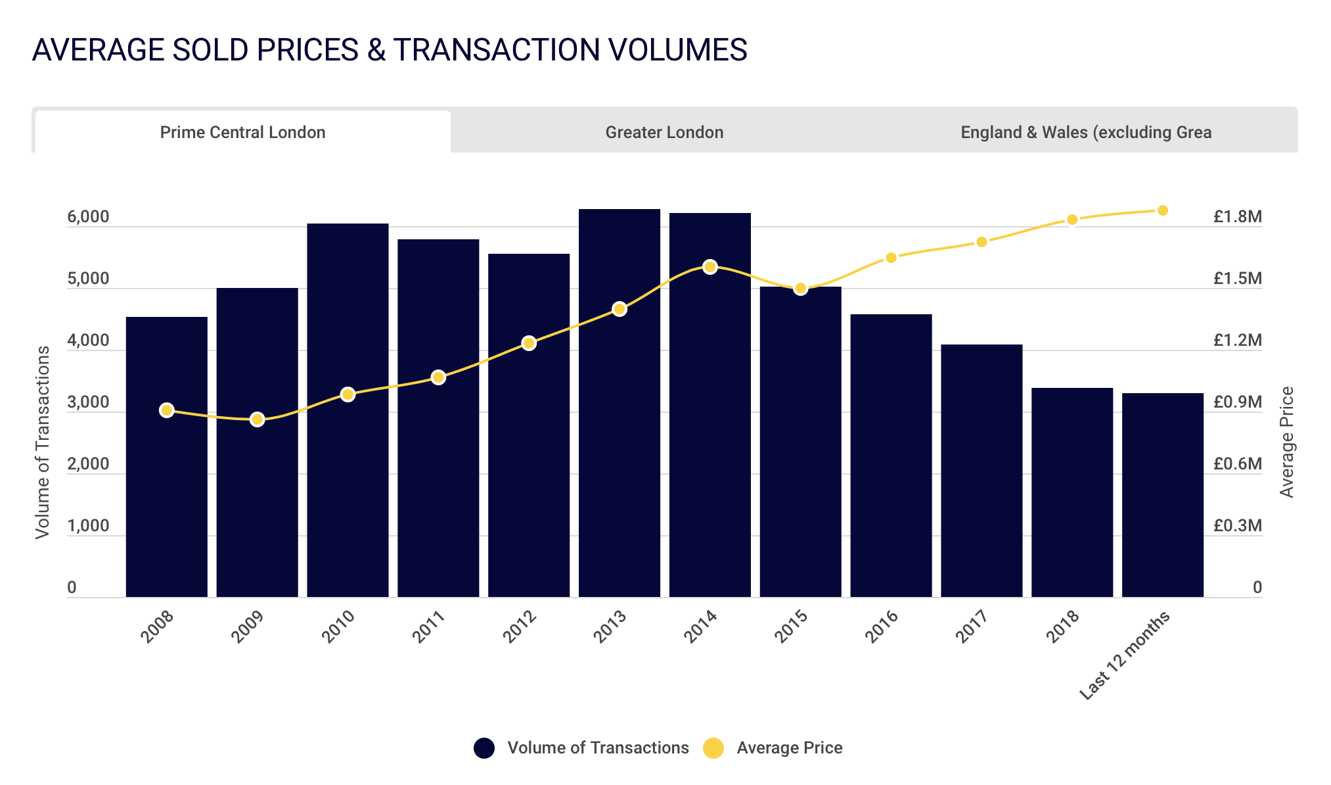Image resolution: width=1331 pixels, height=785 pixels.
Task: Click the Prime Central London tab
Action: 242,132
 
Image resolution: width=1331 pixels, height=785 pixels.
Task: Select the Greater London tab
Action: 664,132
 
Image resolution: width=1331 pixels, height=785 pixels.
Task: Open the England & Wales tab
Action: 1085,132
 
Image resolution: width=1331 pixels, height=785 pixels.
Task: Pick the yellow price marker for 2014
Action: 710,267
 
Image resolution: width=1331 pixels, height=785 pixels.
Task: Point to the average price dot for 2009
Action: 257,419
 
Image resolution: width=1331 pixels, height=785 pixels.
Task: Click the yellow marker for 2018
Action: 1072,220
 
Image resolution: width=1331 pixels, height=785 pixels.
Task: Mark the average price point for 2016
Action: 891,258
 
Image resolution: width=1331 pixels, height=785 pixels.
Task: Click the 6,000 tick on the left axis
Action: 88,217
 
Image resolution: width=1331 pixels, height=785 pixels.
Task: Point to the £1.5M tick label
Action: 1237,279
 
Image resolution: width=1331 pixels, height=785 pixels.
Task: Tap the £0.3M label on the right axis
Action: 1237,526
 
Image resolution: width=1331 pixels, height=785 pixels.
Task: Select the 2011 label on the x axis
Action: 428,627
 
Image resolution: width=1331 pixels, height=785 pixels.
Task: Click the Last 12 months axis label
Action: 1125,655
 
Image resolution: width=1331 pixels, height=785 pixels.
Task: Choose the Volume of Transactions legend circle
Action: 484,748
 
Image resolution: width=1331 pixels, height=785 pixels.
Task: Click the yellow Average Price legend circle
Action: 713,748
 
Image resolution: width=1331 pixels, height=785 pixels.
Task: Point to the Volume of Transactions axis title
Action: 43,442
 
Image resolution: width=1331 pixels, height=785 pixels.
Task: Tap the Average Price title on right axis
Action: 1286,442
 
